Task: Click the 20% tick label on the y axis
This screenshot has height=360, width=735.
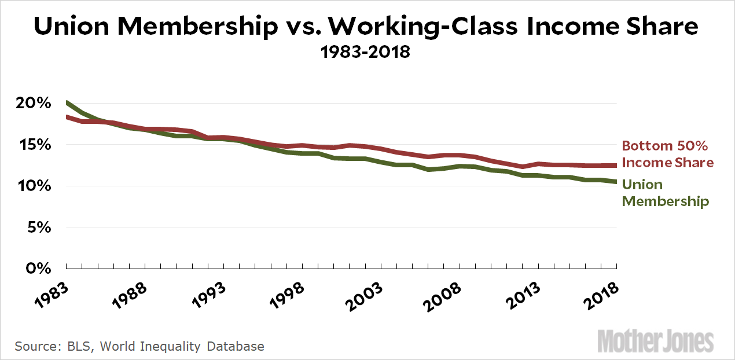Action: (29, 104)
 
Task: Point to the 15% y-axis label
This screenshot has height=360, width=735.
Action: (29, 145)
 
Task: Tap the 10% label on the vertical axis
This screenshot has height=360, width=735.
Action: (29, 186)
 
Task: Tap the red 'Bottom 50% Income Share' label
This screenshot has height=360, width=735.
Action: (667, 154)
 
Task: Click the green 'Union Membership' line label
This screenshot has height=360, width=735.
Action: (665, 193)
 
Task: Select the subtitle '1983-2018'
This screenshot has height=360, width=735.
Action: (367, 52)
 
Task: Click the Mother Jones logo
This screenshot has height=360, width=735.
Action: (656, 341)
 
